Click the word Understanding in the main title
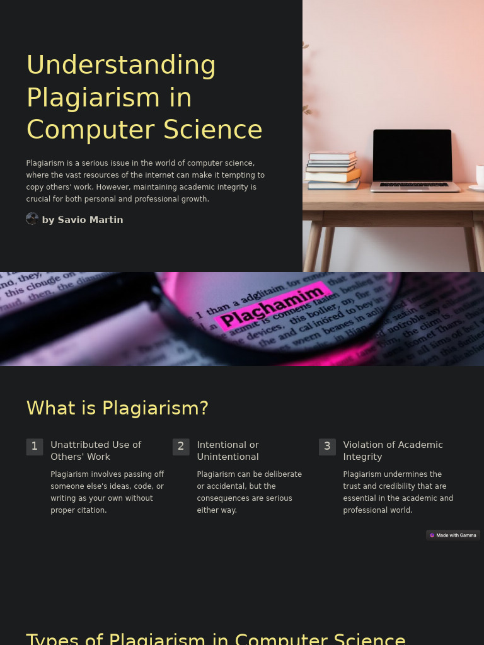[121, 65]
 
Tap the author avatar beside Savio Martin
[32, 219]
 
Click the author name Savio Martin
[83, 220]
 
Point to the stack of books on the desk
[333, 170]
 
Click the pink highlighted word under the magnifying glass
[272, 306]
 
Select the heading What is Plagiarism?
[117, 408]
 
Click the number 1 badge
[35, 447]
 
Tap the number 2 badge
[181, 447]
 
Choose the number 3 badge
[327, 447]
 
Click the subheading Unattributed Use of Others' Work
[96, 450]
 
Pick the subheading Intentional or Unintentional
[228, 450]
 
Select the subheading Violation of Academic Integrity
[393, 450]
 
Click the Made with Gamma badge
[453, 535]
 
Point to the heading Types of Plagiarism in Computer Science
[216, 638]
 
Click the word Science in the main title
[213, 130]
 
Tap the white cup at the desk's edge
[480, 176]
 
